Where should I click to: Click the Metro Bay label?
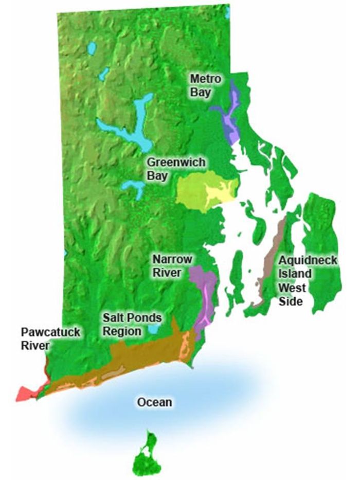[206, 85]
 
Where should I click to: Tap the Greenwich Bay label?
[176, 169]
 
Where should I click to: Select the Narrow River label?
[172, 266]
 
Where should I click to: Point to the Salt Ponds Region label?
[132, 325]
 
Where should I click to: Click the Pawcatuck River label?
[50, 339]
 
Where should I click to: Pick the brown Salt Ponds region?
[144, 355]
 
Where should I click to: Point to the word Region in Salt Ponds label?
[121, 331]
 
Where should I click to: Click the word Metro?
[206, 79]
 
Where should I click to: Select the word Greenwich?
[176, 162]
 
